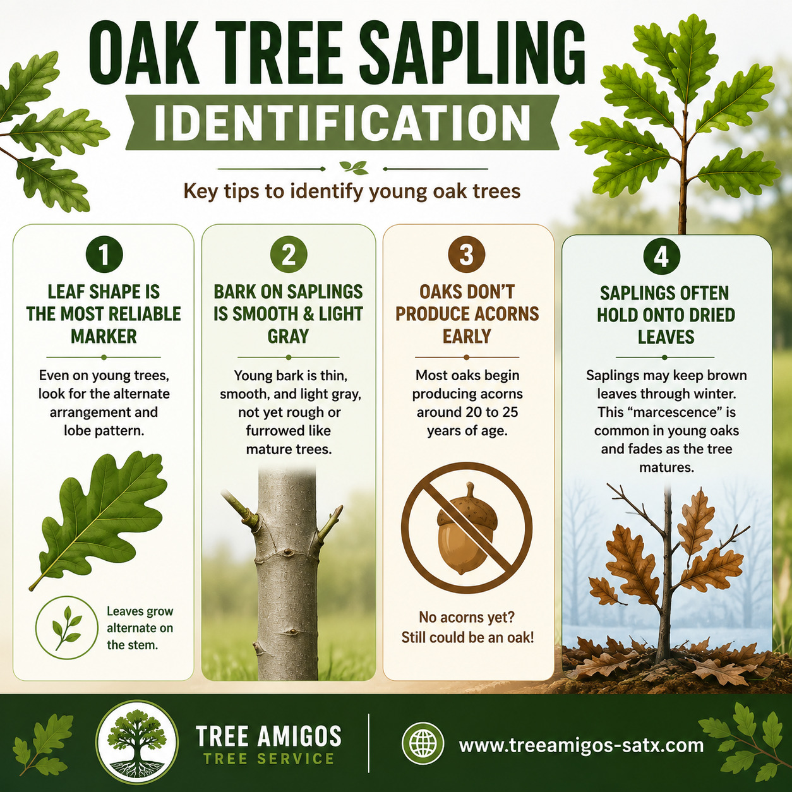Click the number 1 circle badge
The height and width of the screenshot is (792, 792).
[x=104, y=255]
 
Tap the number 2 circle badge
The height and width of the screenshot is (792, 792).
[x=289, y=255]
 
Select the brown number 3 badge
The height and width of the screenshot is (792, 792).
[x=467, y=255]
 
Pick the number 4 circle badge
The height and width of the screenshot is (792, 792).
[x=661, y=257]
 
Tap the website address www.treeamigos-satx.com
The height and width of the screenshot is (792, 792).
[x=581, y=745]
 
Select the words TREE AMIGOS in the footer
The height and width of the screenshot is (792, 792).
[x=268, y=736]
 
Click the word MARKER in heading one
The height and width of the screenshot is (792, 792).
[x=104, y=336]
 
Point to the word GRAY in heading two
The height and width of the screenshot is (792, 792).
[x=288, y=336]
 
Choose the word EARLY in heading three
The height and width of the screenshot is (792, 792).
[x=467, y=336]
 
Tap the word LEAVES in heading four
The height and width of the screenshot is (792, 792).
[x=666, y=337]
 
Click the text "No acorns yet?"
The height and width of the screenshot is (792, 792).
[x=467, y=617]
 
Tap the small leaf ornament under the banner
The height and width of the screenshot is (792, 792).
[x=354, y=167]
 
